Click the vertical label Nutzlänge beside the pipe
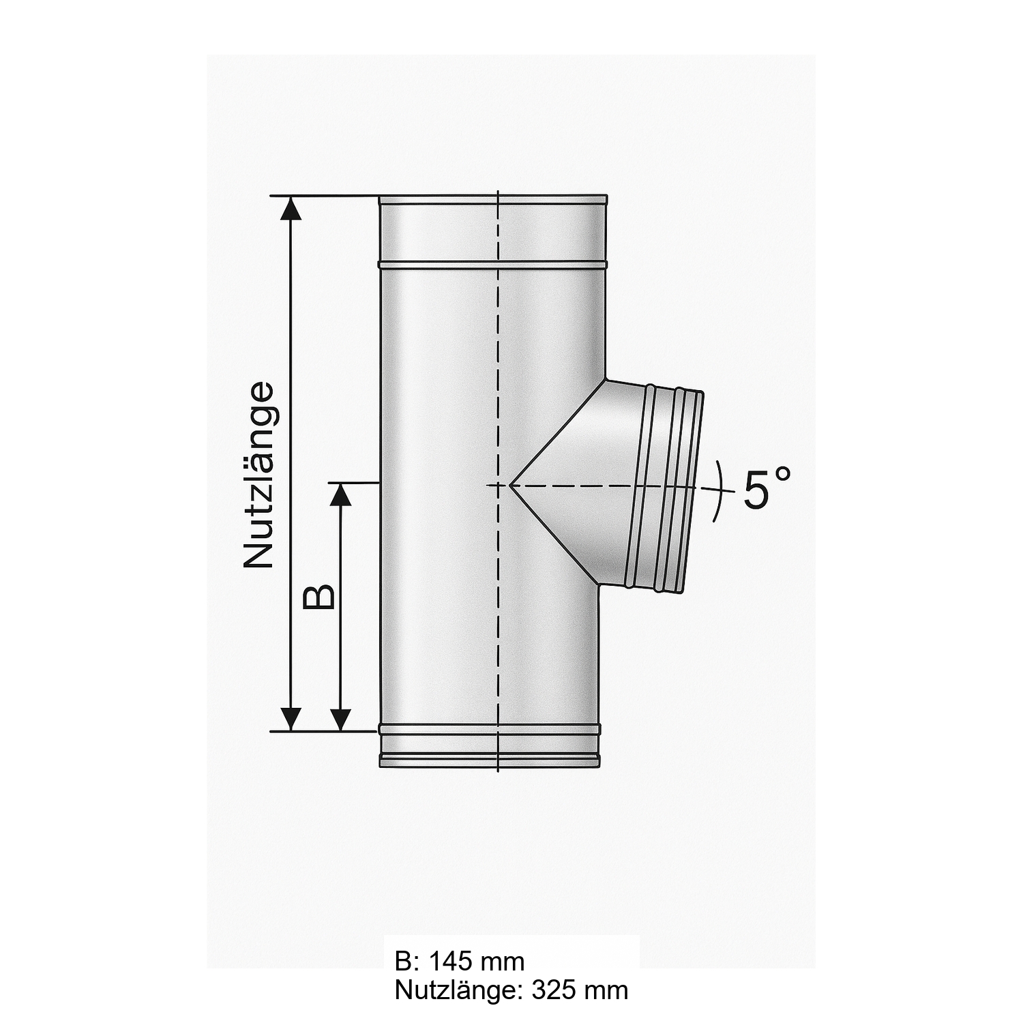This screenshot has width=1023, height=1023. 259,475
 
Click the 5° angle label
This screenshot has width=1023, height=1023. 766,488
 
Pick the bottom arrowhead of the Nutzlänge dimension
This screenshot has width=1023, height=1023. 291,719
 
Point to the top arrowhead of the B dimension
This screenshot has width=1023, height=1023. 340,495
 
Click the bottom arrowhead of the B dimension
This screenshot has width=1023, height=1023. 340,719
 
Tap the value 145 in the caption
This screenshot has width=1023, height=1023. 451,962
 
